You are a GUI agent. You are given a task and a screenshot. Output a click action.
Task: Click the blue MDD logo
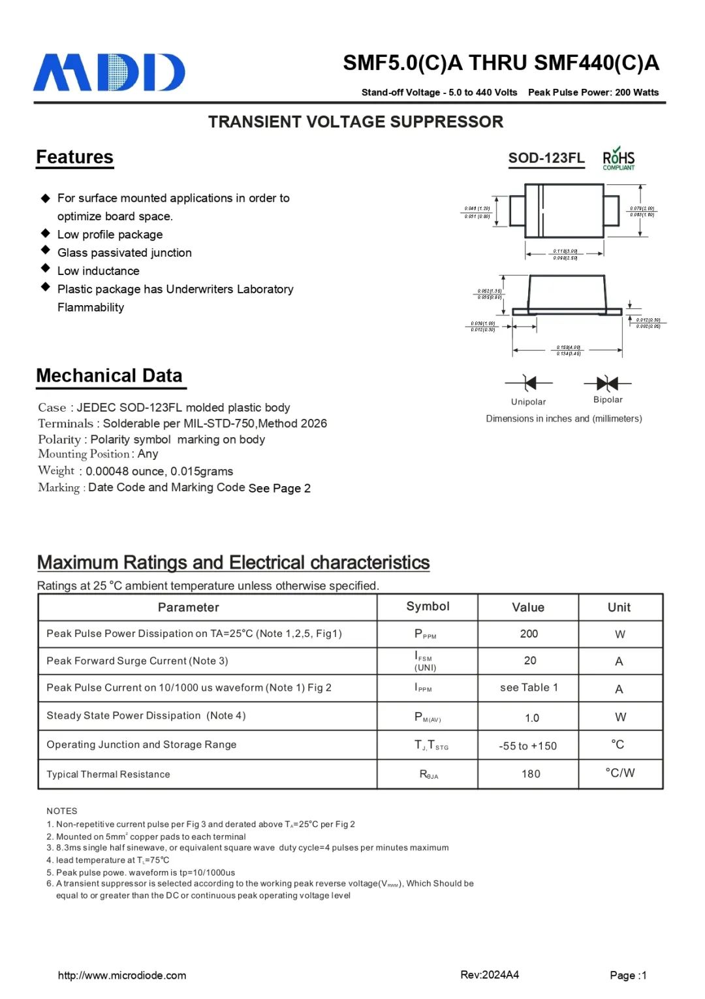[109, 73]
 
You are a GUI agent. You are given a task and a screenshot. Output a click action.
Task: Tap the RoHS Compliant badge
[618, 159]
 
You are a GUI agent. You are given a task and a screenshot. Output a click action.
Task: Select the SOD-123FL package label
[546, 158]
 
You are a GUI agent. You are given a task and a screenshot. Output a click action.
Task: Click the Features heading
[74, 157]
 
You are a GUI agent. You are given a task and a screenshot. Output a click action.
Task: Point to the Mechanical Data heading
[109, 376]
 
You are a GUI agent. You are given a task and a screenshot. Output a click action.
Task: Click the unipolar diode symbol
[529, 383]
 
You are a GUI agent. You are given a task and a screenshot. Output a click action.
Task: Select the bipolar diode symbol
[607, 383]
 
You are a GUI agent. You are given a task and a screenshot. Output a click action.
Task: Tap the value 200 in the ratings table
[529, 634]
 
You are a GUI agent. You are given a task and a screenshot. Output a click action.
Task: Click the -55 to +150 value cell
[527, 745]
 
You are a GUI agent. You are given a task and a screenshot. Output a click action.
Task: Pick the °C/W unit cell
[619, 773]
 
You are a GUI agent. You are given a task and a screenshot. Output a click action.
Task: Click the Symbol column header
[428, 606]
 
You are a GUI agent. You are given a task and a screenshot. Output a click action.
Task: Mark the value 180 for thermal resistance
[531, 774]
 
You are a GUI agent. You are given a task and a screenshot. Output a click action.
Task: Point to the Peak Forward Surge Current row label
[137, 661]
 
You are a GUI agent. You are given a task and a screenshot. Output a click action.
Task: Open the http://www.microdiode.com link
[122, 975]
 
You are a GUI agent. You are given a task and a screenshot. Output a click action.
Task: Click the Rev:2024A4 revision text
[490, 975]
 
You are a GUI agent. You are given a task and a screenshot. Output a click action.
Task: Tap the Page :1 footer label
[628, 975]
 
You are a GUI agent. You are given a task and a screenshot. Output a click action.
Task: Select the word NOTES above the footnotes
[62, 811]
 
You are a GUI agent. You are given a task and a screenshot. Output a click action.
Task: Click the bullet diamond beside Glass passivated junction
[46, 250]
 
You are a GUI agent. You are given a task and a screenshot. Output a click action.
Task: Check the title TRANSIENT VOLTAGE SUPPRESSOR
[356, 122]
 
